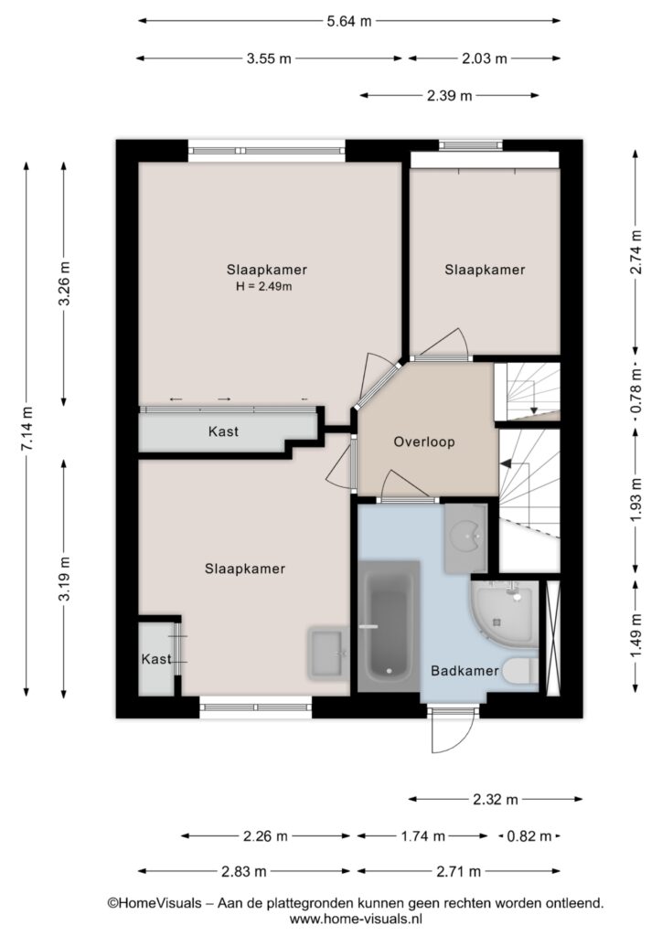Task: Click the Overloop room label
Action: click(424, 441)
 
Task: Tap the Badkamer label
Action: click(464, 670)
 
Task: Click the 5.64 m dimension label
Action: click(348, 22)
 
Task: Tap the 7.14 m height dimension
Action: click(27, 429)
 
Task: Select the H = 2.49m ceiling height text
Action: click(264, 286)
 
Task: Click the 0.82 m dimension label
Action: click(529, 836)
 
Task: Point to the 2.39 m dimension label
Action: click(450, 95)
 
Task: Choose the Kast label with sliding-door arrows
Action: click(223, 431)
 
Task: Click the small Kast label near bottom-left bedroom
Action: click(156, 659)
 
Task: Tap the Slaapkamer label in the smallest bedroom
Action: click(485, 270)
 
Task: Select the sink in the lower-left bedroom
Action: click(327, 653)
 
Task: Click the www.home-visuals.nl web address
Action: click(356, 920)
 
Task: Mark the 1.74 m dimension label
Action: click(422, 836)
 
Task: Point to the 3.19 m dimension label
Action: click(65, 579)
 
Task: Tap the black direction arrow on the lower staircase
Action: click(507, 463)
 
